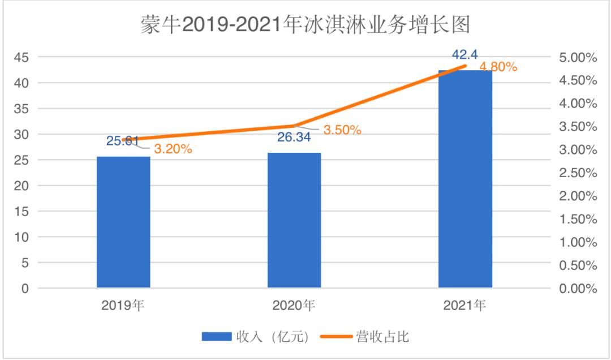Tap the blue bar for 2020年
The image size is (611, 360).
tap(294, 220)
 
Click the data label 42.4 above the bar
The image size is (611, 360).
tap(464, 55)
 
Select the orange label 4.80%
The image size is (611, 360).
tap(498, 67)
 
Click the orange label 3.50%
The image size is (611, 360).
tap(342, 130)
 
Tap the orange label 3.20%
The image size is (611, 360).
tap(173, 149)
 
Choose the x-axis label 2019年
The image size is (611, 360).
tap(123, 306)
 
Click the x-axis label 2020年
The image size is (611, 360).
tap(294, 306)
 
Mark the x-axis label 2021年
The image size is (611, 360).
tap(465, 306)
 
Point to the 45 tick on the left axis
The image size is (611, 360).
tap(21, 57)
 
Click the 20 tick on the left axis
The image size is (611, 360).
tap(21, 186)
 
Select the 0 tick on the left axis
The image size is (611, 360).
tap(25, 289)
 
